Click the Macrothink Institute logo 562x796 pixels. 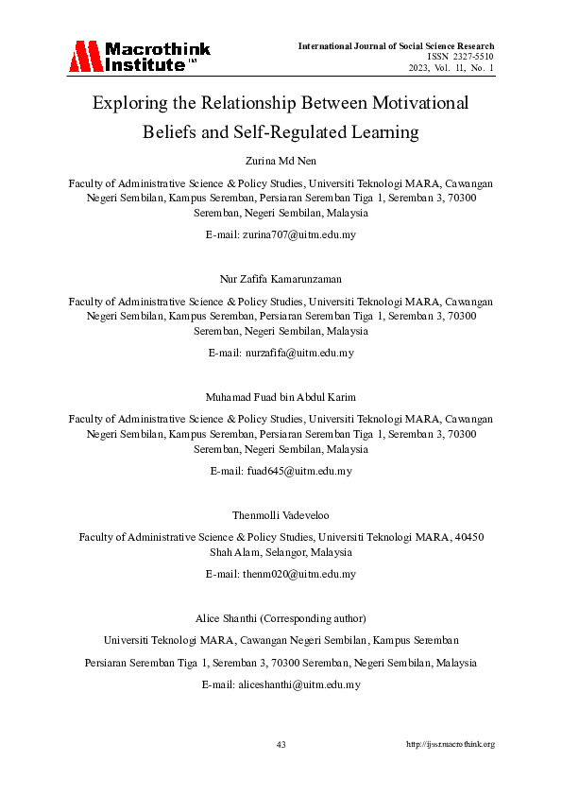point(139,57)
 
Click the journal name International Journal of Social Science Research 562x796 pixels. point(396,45)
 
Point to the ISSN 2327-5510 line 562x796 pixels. point(461,57)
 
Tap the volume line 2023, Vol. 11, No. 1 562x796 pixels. point(451,68)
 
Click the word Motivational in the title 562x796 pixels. point(413,102)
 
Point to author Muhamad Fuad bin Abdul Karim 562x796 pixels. point(281,396)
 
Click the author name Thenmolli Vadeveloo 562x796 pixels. point(281,514)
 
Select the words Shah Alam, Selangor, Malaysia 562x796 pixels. point(281,552)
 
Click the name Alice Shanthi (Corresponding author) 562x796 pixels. point(281,618)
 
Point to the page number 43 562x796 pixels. point(281,745)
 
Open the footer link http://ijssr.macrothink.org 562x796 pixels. point(451,745)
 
